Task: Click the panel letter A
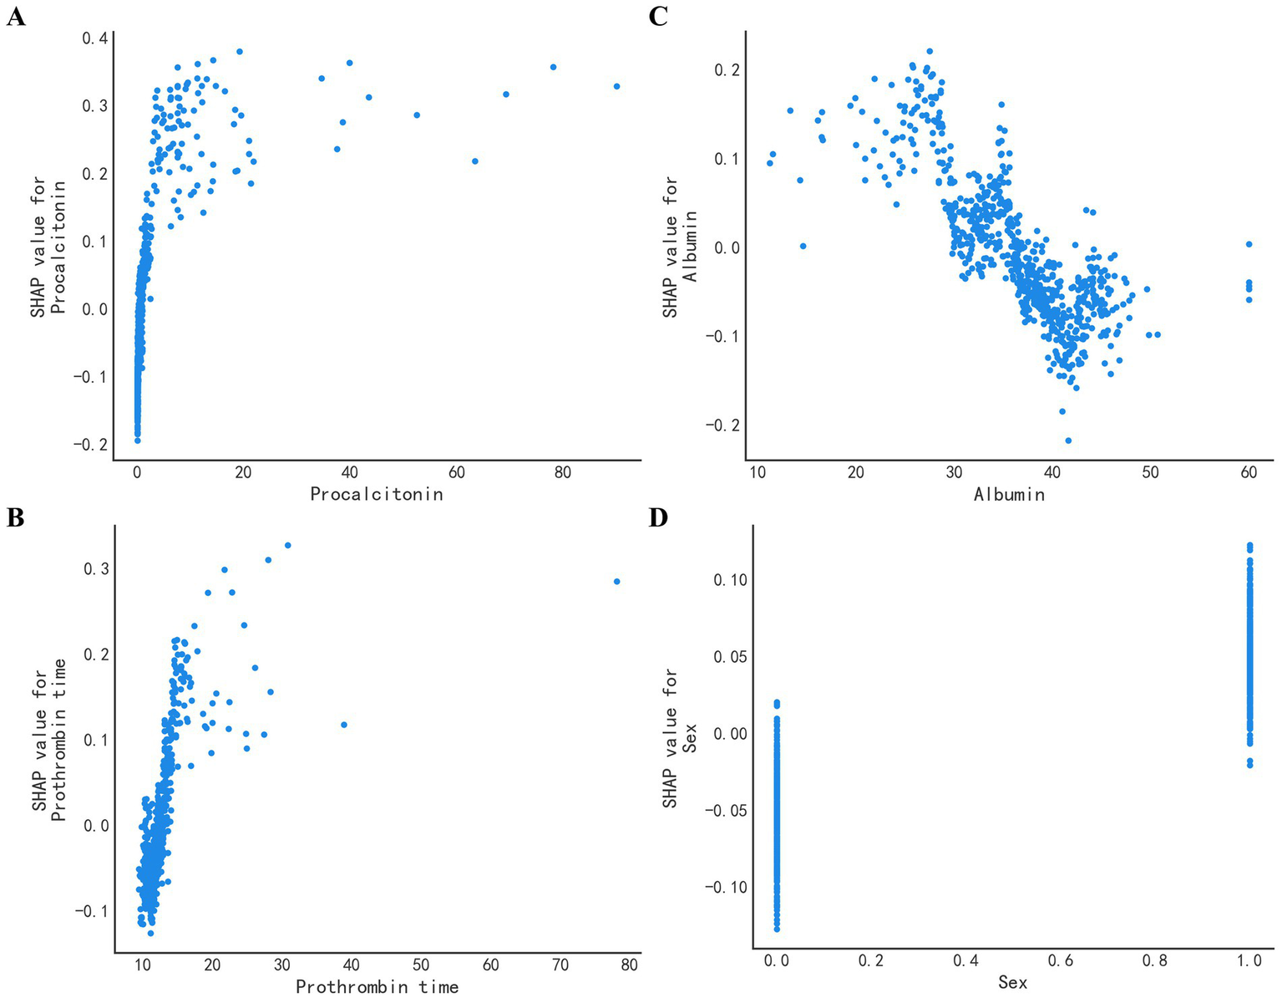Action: pyautogui.click(x=15, y=16)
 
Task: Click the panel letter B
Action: pyautogui.click(x=15, y=518)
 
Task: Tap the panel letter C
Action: pyautogui.click(x=658, y=16)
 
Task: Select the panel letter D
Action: pyautogui.click(x=659, y=518)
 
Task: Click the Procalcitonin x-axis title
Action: pyautogui.click(x=376, y=494)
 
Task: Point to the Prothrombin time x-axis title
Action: pyautogui.click(x=377, y=987)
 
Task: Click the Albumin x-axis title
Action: pyautogui.click(x=1009, y=494)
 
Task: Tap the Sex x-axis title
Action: pyautogui.click(x=1012, y=983)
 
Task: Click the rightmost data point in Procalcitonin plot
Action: pyautogui.click(x=616, y=86)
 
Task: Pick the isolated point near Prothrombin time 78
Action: pyautogui.click(x=617, y=581)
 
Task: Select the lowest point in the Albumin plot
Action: pyautogui.click(x=1068, y=440)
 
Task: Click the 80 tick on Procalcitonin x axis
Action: pyautogui.click(x=563, y=472)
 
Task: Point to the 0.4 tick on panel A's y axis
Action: pyautogui.click(x=94, y=38)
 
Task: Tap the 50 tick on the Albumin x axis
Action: pyautogui.click(x=1151, y=472)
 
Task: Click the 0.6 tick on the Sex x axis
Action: pyautogui.click(x=1060, y=961)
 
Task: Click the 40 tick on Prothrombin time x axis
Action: pyautogui.click(x=352, y=965)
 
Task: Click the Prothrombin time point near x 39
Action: pyautogui.click(x=343, y=725)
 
